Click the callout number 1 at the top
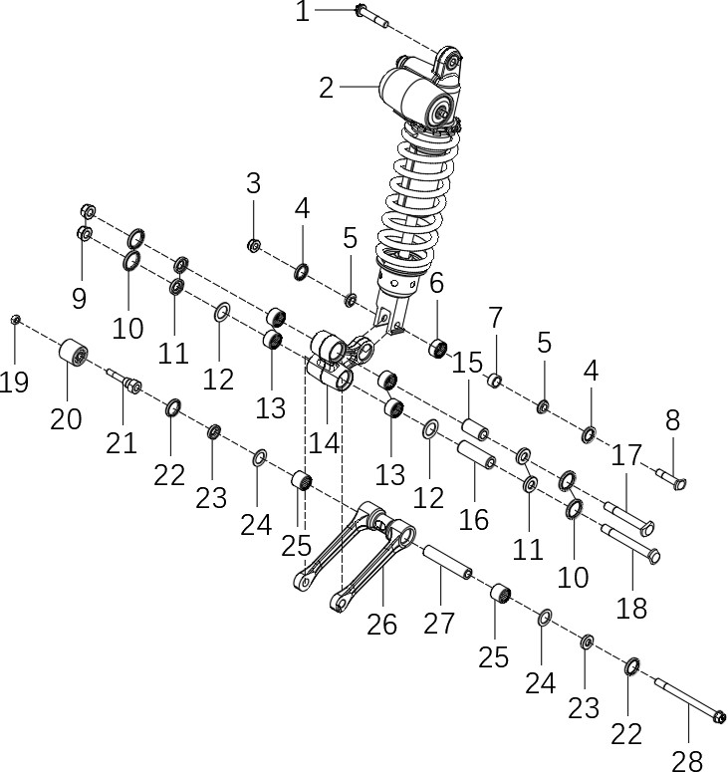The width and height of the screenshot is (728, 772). [302, 11]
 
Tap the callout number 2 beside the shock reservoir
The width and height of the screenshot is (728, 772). [326, 88]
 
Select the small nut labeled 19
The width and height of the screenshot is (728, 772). [15, 320]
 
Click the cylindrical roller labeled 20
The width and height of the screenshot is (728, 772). [74, 352]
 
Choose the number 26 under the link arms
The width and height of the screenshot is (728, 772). [381, 625]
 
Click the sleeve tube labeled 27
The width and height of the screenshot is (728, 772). [447, 562]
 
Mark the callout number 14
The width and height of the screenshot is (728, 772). [324, 443]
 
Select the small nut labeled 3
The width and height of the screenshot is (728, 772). [254, 245]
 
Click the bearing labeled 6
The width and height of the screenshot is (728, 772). [437, 348]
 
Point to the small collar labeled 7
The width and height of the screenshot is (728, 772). [495, 381]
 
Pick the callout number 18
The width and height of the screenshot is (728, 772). [631, 609]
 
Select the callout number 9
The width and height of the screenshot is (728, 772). [79, 299]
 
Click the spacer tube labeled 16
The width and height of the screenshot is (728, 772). [476, 454]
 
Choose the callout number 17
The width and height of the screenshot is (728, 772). [626, 455]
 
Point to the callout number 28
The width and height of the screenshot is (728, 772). [686, 761]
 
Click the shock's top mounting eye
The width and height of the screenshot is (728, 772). [449, 61]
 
